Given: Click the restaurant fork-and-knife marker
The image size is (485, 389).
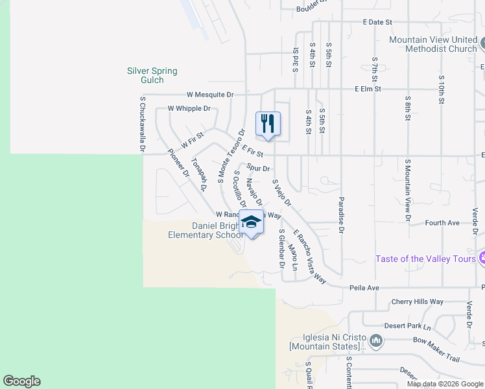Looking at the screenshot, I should point(268,123).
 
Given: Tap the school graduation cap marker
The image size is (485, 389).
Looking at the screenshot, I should point(251,222).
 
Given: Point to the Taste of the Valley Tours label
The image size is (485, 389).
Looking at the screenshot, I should point(425,259).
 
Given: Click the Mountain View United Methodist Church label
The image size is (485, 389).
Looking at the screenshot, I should point(432,44).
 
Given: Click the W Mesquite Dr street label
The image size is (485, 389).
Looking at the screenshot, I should point(210,95).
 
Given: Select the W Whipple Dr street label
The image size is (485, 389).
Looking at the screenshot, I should point(189,108).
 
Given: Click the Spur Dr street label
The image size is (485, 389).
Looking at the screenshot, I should point(257,168).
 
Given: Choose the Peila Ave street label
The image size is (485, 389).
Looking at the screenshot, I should point(364,287).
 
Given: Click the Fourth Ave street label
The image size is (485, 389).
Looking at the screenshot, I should point(442,222).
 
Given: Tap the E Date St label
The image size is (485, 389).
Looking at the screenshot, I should point(377,22).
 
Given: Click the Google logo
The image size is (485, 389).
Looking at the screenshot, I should point(21,381).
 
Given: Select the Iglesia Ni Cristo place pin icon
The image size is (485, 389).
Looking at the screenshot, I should point(375,340).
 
